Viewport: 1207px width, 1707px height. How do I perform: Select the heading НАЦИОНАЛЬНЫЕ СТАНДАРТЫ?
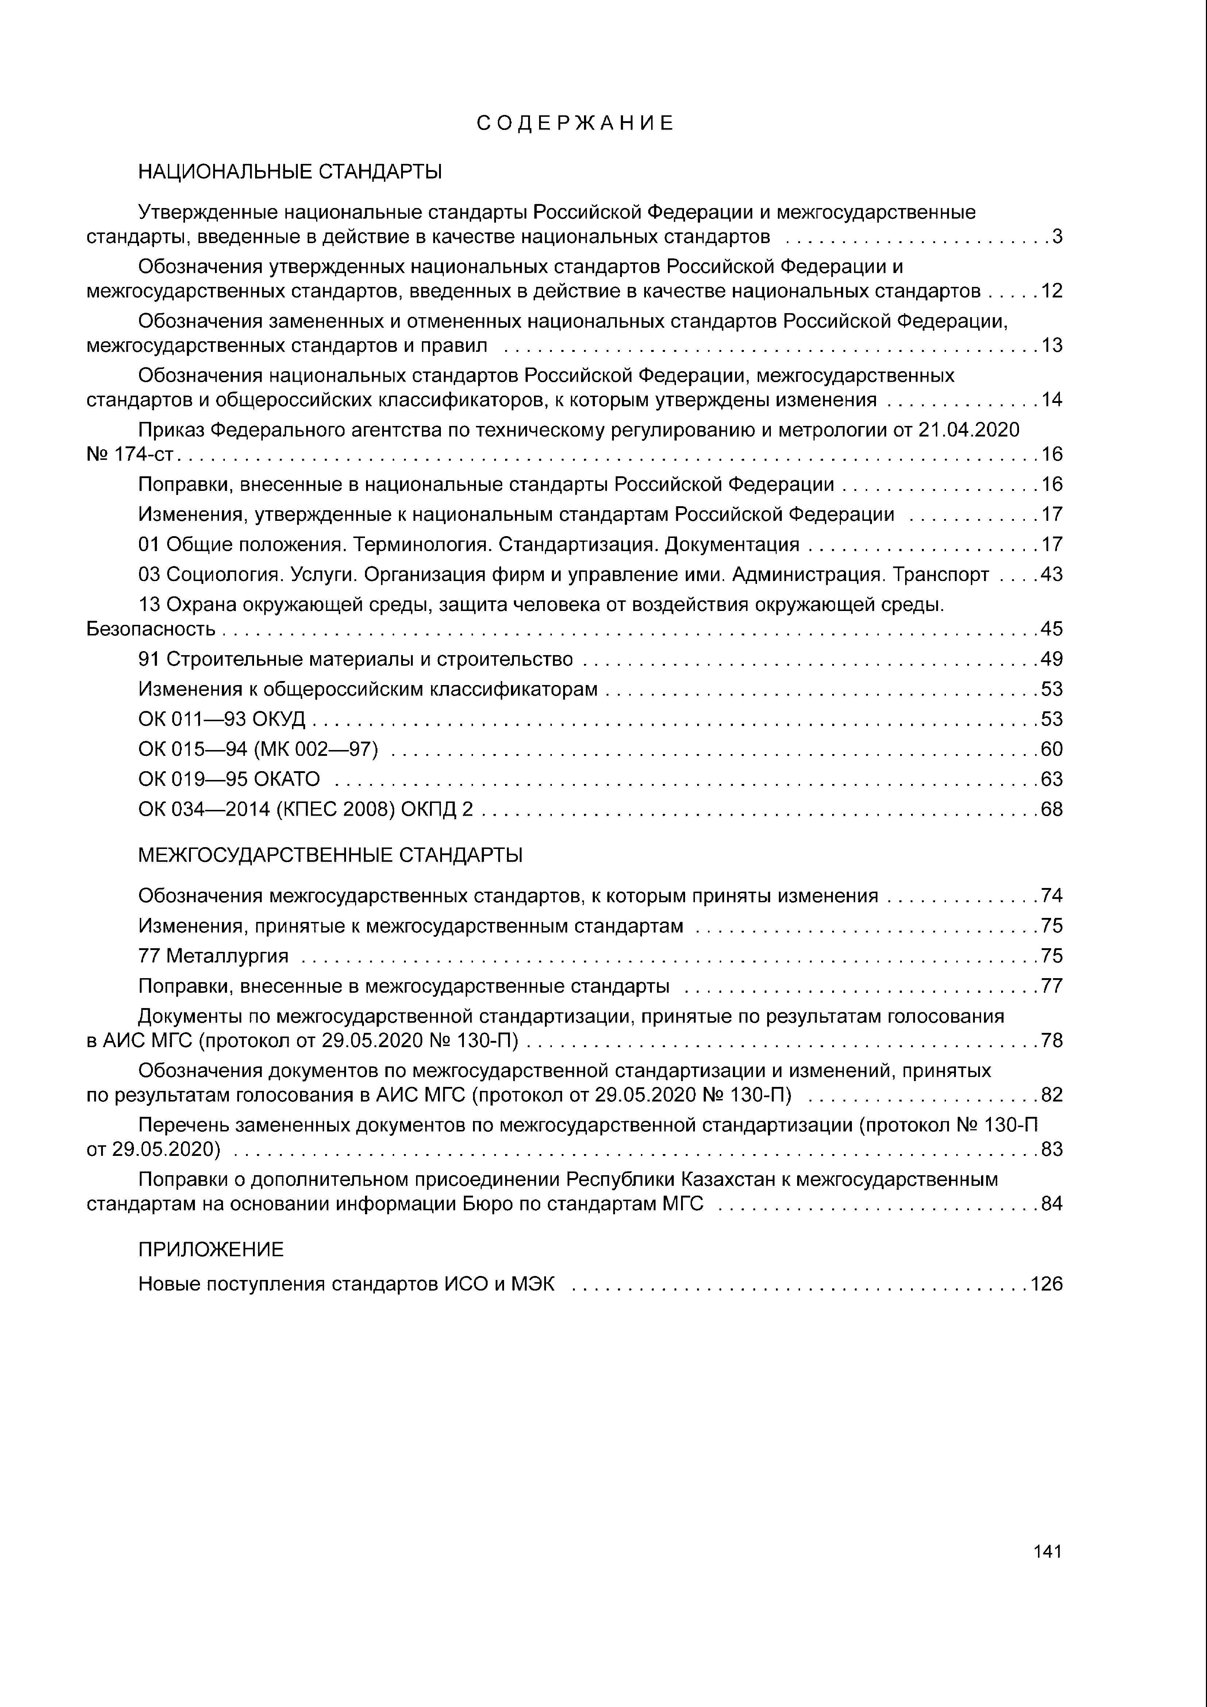click(290, 173)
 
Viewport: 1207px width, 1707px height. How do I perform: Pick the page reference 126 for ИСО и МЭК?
click(1046, 1284)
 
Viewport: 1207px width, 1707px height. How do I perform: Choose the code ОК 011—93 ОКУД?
click(222, 719)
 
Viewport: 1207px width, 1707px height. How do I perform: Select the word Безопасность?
click(151, 629)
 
